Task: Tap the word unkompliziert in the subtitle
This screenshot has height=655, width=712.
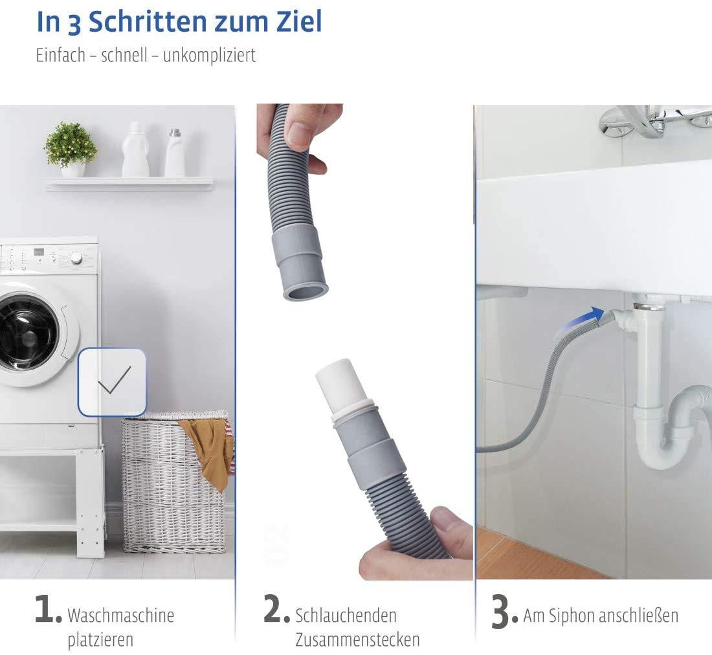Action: [x=209, y=55]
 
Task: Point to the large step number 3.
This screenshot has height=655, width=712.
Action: [x=504, y=613]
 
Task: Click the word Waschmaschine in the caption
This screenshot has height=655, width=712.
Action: [x=120, y=615]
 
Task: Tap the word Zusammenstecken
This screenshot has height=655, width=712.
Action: [x=357, y=640]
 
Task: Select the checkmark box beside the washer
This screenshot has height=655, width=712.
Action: [x=113, y=382]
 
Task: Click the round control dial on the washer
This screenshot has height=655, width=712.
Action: [x=76, y=257]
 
